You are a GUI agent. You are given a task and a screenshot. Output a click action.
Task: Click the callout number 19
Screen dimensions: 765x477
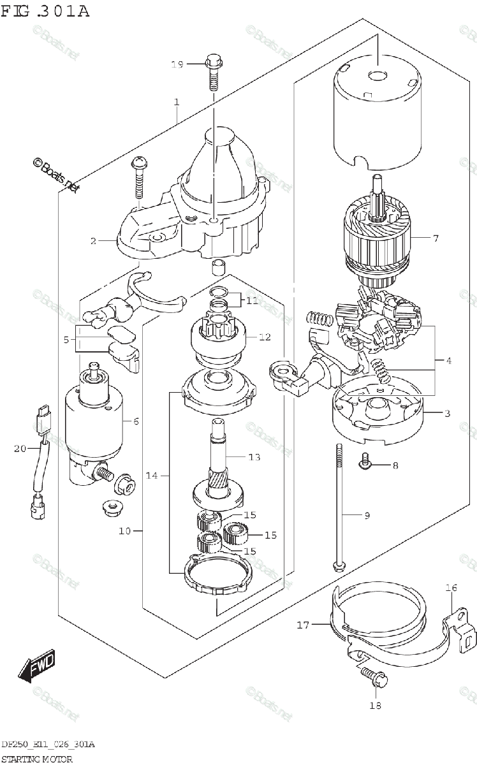[177, 64]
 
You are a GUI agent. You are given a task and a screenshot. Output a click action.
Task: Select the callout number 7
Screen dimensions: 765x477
[436, 239]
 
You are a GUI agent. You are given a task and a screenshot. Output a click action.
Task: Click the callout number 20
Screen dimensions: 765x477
[18, 449]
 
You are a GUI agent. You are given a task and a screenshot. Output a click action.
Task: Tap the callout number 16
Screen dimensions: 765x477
[451, 588]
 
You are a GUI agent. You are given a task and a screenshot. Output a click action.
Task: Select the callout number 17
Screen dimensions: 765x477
[303, 625]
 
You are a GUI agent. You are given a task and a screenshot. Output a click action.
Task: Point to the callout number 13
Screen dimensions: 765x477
[254, 457]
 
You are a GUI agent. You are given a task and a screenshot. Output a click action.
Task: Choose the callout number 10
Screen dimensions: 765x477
[125, 530]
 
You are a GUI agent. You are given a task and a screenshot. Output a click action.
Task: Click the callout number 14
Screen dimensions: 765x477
[150, 476]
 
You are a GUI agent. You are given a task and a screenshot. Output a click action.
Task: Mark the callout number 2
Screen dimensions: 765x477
[93, 241]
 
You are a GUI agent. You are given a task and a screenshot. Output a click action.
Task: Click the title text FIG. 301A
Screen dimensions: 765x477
[46, 12]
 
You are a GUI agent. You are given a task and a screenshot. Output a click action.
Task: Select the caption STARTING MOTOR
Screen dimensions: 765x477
[37, 759]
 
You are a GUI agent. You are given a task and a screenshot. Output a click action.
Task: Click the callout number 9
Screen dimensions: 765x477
[366, 516]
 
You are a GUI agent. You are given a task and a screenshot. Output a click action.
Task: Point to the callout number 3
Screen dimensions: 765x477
[447, 414]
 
